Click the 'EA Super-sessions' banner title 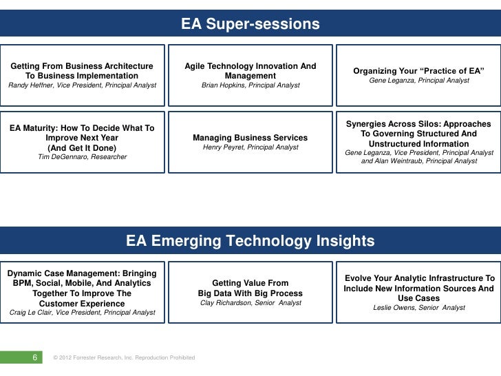click(x=250, y=25)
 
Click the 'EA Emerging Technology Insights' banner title click(x=250, y=241)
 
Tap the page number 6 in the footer click(x=35, y=357)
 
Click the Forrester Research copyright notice click(x=124, y=357)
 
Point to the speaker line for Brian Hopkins click(x=250, y=85)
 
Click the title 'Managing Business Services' click(x=250, y=138)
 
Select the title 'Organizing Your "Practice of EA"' click(x=419, y=71)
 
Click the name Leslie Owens click(x=396, y=308)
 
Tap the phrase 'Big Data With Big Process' click(x=250, y=293)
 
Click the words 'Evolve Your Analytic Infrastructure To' click(x=419, y=278)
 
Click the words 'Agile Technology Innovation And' click(x=250, y=66)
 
